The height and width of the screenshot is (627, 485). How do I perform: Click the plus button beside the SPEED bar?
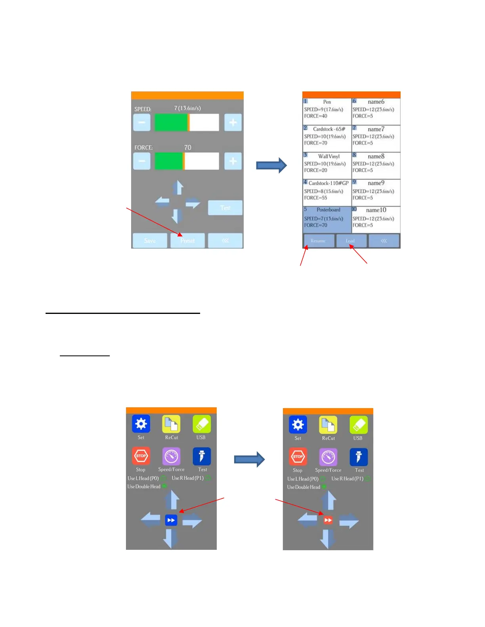233,123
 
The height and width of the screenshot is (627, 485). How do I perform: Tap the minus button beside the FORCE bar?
142,161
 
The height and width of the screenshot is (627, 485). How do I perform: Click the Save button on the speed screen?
150,241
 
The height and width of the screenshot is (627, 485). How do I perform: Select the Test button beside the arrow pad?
225,208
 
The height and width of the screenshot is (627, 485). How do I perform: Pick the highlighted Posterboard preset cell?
327,219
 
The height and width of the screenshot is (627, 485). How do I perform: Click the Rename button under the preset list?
318,241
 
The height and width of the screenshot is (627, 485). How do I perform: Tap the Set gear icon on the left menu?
141,424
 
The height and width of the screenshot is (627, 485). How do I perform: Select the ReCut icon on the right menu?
328,425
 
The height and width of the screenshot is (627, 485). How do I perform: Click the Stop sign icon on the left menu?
141,456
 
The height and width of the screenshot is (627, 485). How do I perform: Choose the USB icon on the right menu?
358,425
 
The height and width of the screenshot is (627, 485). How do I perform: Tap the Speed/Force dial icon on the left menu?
171,456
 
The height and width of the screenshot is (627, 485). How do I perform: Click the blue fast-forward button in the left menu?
171,520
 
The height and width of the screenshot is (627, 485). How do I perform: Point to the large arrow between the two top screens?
271,165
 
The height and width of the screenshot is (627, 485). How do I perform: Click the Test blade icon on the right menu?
359,457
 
